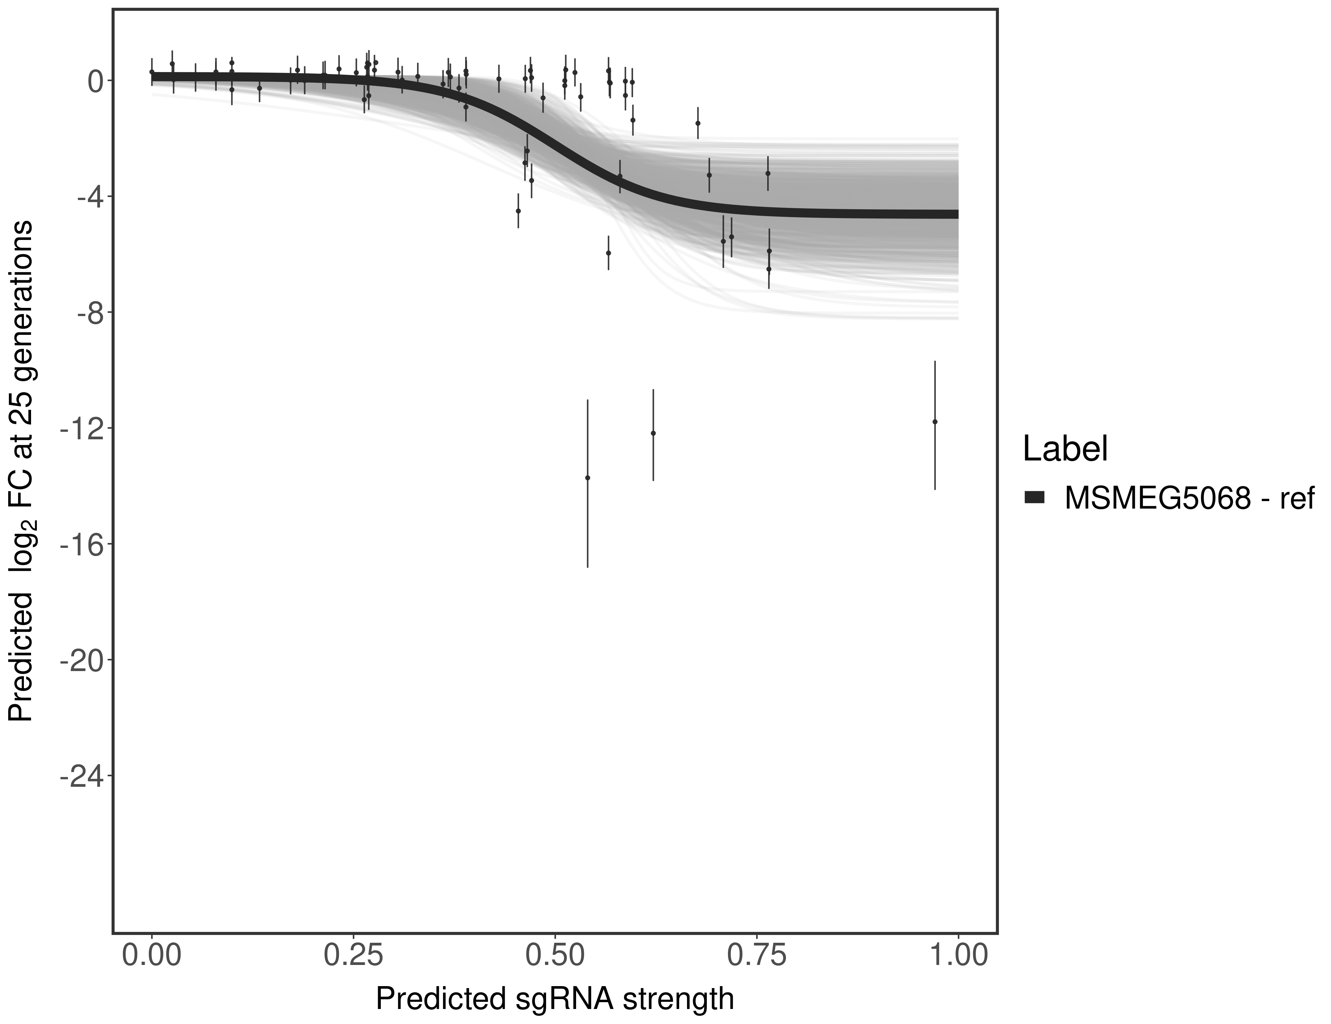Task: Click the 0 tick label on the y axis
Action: [95, 81]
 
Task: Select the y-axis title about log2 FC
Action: [21, 471]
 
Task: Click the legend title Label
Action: [1065, 449]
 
